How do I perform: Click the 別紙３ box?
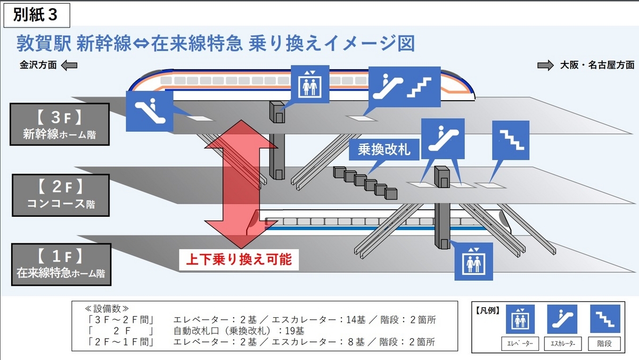37,15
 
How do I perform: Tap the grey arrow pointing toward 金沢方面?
69,66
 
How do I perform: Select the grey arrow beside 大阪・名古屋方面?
545,66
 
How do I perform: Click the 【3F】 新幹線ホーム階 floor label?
60,125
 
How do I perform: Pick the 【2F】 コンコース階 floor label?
61,195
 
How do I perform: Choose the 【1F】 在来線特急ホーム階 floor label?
61,265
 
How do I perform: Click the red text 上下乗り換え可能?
239,259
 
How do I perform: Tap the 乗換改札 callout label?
384,150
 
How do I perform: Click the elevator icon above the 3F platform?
310,84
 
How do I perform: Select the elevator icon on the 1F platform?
473,261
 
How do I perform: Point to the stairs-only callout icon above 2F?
511,140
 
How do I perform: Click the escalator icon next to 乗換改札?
443,138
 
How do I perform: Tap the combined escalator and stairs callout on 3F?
405,87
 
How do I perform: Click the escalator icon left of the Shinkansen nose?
150,111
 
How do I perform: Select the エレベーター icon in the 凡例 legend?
520,319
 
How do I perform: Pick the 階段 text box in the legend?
604,343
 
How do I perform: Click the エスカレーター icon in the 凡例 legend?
562,319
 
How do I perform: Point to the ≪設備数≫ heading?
106,308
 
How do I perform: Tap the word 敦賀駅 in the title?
44,44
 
